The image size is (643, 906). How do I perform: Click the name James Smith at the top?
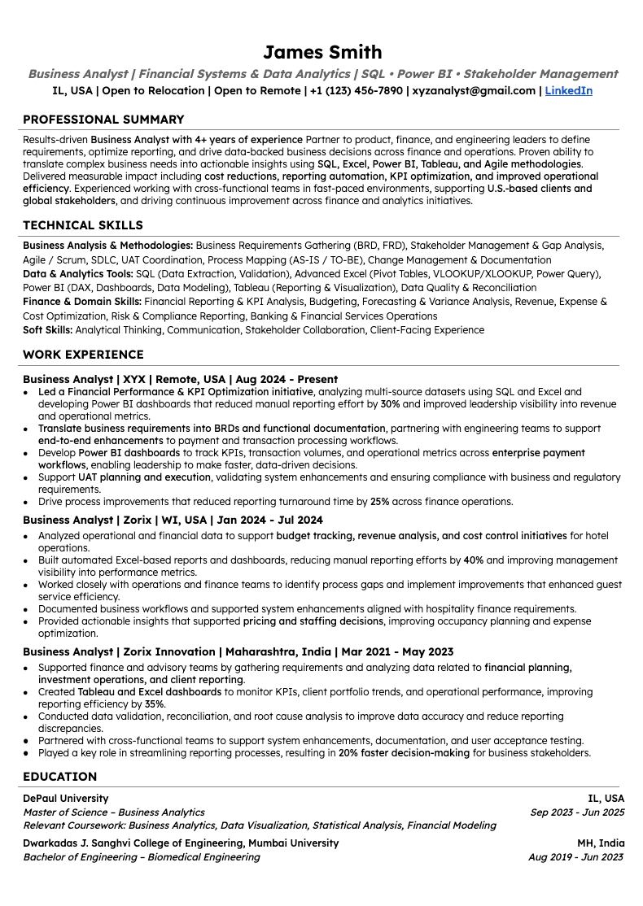click(322, 53)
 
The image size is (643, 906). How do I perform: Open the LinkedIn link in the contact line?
click(568, 91)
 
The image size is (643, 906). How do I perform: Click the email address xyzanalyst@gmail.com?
click(474, 91)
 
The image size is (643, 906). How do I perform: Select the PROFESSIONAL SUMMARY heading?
click(103, 120)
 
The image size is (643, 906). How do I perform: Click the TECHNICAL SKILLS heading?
click(83, 225)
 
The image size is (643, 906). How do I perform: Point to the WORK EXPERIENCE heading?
click(83, 355)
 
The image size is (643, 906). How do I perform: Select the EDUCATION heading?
click(59, 777)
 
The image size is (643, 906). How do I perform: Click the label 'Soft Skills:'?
click(48, 330)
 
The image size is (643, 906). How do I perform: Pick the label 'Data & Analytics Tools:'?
click(78, 274)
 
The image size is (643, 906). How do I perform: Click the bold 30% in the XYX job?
click(390, 403)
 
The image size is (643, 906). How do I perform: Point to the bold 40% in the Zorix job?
click(474, 560)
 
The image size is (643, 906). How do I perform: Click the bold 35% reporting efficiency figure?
click(155, 704)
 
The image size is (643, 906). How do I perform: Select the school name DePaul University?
click(66, 799)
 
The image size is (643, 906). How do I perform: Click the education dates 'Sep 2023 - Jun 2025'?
click(577, 812)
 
